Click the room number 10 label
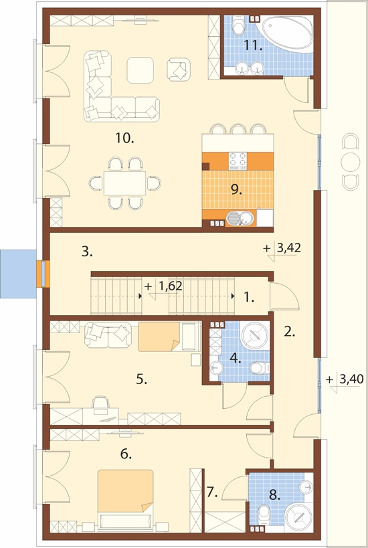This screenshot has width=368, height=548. (124, 139)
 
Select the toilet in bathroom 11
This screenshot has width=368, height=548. (239, 25)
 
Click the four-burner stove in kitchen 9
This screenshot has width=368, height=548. (238, 161)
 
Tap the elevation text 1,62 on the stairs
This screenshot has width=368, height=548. (171, 286)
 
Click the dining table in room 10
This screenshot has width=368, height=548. (124, 183)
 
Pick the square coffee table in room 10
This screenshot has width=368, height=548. (140, 70)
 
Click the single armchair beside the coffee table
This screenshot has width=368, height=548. (179, 70)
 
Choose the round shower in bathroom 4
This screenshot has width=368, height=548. (256, 335)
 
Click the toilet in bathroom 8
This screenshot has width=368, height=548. (264, 515)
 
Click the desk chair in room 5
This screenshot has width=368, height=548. (100, 402)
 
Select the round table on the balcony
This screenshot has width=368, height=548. (351, 161)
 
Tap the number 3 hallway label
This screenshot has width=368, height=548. (87, 252)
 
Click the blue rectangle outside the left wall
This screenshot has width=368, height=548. (18, 274)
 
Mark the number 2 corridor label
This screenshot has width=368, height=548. (289, 332)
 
